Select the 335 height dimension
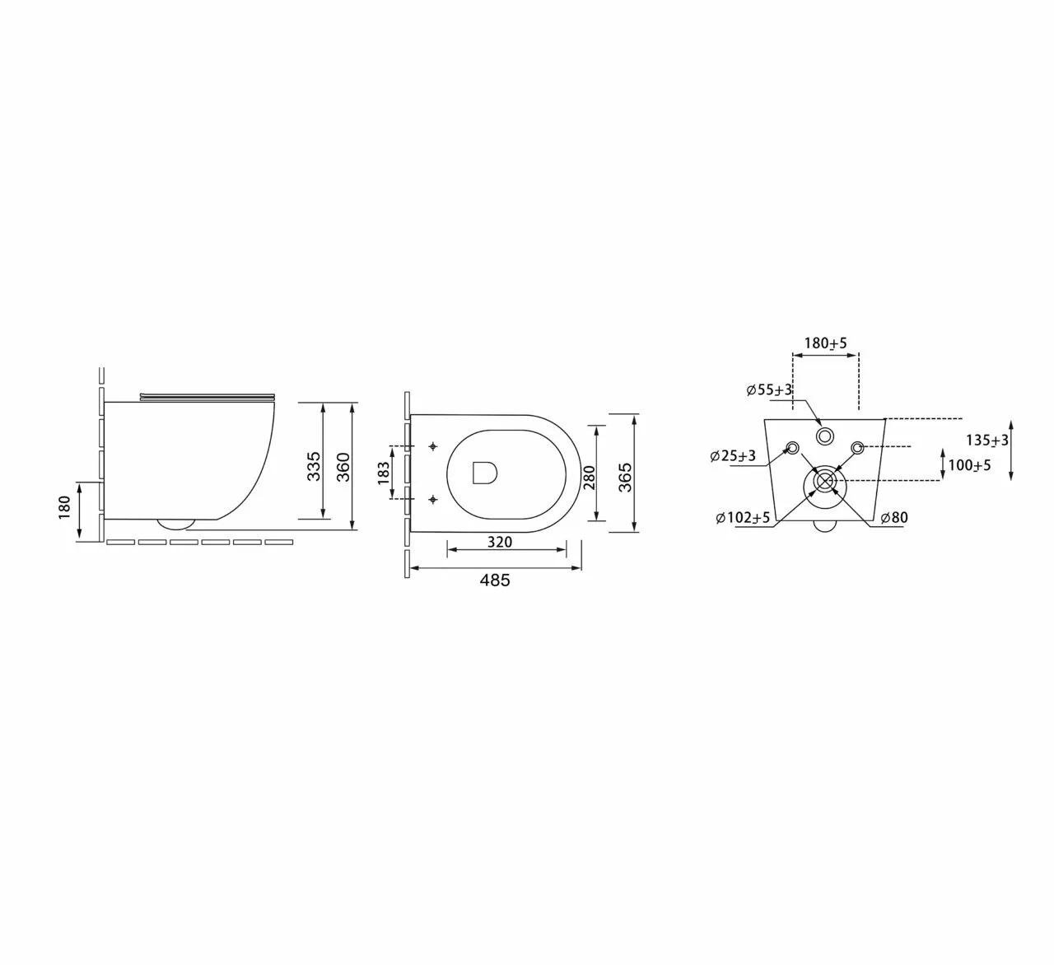pos(314,466)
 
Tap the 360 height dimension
pos(344,466)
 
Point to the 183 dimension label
pos(384,473)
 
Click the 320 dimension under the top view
pos(499,542)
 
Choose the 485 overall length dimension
pos(495,580)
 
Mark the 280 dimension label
pos(589,476)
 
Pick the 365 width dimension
pos(625,477)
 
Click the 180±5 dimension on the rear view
pos(825,343)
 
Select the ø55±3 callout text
pos(769,389)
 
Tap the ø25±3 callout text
pos(733,456)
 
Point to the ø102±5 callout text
pos(743,518)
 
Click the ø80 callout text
pos(893,518)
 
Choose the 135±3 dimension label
pos(986,441)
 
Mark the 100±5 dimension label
pos(969,465)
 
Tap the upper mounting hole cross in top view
pos(433,446)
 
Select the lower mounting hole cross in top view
pos(433,499)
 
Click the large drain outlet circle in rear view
pos(824,482)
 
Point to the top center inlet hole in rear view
pos(824,436)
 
